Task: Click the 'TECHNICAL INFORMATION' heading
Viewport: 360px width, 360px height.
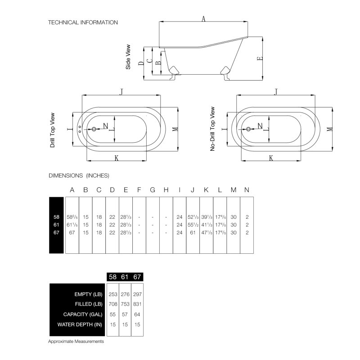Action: [83, 22]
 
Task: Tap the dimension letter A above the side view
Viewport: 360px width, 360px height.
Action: [203, 18]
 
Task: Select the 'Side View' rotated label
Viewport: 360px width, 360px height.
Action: [128, 57]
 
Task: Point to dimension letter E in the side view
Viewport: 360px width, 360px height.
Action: [260, 58]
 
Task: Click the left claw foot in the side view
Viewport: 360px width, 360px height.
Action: [174, 72]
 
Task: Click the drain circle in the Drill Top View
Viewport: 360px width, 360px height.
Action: [94, 129]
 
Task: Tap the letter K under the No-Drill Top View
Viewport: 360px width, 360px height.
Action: [271, 158]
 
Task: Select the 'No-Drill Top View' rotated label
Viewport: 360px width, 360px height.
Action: [212, 129]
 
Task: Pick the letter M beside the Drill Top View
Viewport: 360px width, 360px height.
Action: [175, 129]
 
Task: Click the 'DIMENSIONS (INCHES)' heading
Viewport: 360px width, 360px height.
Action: [79, 175]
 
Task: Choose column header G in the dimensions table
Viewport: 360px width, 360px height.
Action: [153, 190]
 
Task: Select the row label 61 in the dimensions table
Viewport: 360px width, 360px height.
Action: [56, 225]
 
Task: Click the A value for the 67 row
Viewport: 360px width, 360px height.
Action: [72, 233]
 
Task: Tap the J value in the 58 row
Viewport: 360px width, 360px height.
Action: [193, 217]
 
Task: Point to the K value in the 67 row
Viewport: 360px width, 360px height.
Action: [207, 233]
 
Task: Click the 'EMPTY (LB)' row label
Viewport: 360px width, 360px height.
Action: [88, 294]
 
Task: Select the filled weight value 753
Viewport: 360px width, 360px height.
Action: [125, 304]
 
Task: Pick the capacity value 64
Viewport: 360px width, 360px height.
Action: [137, 314]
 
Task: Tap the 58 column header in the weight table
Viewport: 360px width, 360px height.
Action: [113, 277]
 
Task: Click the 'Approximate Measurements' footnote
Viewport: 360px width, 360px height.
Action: [76, 342]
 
